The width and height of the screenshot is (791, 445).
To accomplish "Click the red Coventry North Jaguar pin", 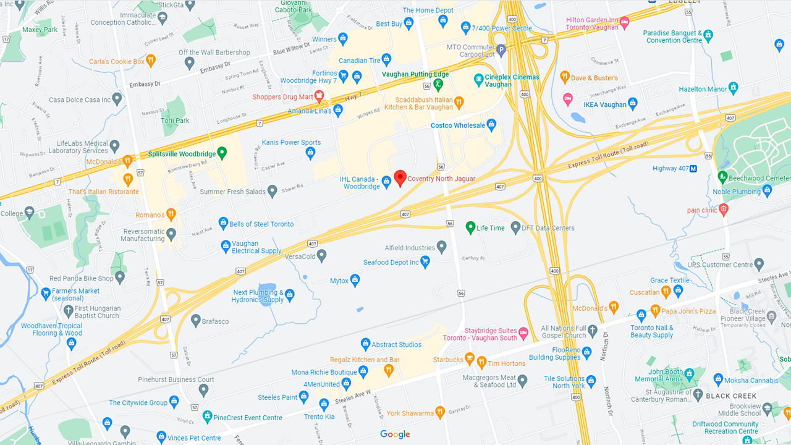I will point(400,178).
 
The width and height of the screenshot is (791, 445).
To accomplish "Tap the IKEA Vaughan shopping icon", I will point(632,103).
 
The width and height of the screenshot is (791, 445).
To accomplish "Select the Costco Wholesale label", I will point(458,125).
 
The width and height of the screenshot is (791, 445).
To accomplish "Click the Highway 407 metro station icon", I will point(693,169).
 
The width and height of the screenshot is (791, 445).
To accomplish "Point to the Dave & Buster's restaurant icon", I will point(564,77).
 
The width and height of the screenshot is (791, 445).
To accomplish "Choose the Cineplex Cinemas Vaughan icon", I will point(478,79).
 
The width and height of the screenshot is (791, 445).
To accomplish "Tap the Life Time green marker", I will point(470,227).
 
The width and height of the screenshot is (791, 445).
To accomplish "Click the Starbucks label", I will point(448,360).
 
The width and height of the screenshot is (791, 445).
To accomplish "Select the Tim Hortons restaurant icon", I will point(481,362).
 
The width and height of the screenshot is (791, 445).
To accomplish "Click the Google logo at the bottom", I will point(395,434).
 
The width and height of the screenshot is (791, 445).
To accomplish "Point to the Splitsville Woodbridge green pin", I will point(222,153).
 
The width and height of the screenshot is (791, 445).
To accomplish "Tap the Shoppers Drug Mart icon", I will point(319,96).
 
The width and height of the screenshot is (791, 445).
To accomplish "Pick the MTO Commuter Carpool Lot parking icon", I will point(501,49).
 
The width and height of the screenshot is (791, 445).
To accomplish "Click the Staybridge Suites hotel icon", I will point(523,333).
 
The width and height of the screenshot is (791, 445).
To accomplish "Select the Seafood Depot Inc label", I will point(391,263).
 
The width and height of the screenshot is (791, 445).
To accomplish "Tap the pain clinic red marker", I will point(724,210).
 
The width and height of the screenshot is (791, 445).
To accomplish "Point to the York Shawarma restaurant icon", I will point(439,412).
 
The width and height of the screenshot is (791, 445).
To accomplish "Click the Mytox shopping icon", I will point(355,281).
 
